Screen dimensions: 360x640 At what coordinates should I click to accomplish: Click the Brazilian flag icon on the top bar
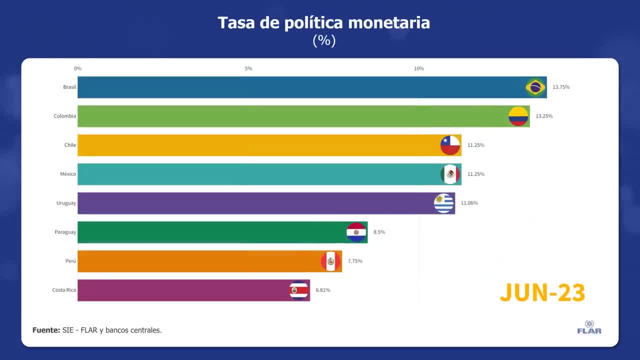tap(535, 87)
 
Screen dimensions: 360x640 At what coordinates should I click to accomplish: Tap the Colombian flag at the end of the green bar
tap(518, 116)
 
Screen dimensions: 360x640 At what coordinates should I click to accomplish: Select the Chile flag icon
tap(450, 145)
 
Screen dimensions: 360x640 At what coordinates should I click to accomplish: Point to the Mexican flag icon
tap(450, 174)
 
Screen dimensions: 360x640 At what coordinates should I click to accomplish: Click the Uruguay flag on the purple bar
tap(443, 203)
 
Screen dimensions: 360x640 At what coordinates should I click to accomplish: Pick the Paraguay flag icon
tap(356, 232)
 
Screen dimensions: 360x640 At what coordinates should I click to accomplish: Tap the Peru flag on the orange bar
tap(330, 261)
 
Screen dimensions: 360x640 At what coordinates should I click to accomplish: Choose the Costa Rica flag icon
tap(298, 290)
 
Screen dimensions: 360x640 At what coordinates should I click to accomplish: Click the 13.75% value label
tap(561, 87)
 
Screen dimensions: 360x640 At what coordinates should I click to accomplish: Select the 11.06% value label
tap(469, 203)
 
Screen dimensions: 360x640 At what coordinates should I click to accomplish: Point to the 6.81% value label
tap(322, 290)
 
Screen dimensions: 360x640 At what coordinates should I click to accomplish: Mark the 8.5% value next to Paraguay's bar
tap(379, 232)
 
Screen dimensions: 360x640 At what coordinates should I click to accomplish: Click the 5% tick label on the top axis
tap(248, 68)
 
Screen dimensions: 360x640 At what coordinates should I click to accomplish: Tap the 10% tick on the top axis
tap(419, 68)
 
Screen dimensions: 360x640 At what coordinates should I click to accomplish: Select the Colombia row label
tap(65, 116)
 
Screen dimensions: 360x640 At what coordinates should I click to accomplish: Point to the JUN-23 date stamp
tap(542, 292)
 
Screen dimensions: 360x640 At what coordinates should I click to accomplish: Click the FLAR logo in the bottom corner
tap(589, 327)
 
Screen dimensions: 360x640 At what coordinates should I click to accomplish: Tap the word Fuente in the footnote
tap(46, 330)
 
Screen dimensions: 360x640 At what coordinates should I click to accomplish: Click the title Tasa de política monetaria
tap(323, 23)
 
